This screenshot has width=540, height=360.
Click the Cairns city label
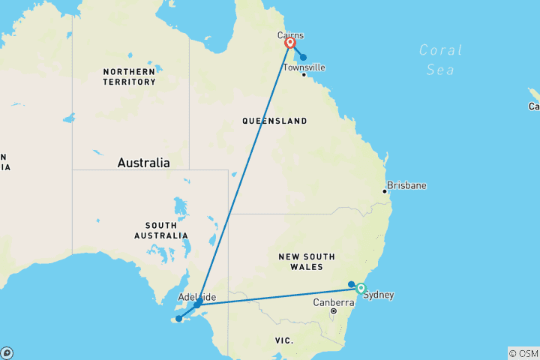click(290, 35)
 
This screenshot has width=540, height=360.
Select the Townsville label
click(304, 67)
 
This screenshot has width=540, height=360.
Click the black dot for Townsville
click(304, 75)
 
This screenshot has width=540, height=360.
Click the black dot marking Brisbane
click(385, 191)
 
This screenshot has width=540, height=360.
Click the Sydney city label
click(379, 295)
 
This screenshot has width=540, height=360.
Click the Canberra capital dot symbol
click(333, 310)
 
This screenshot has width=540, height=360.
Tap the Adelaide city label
click(197, 297)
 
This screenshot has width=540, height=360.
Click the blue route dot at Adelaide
click(196, 304)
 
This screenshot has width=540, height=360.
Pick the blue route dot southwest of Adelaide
click(178, 319)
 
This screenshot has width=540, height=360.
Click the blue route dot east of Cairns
click(303, 57)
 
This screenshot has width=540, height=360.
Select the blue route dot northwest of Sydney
click(351, 283)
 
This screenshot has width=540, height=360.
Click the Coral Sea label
click(436, 60)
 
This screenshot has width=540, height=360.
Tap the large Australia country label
click(143, 163)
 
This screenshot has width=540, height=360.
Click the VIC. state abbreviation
click(283, 340)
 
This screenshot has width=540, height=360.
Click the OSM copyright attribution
click(523, 353)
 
